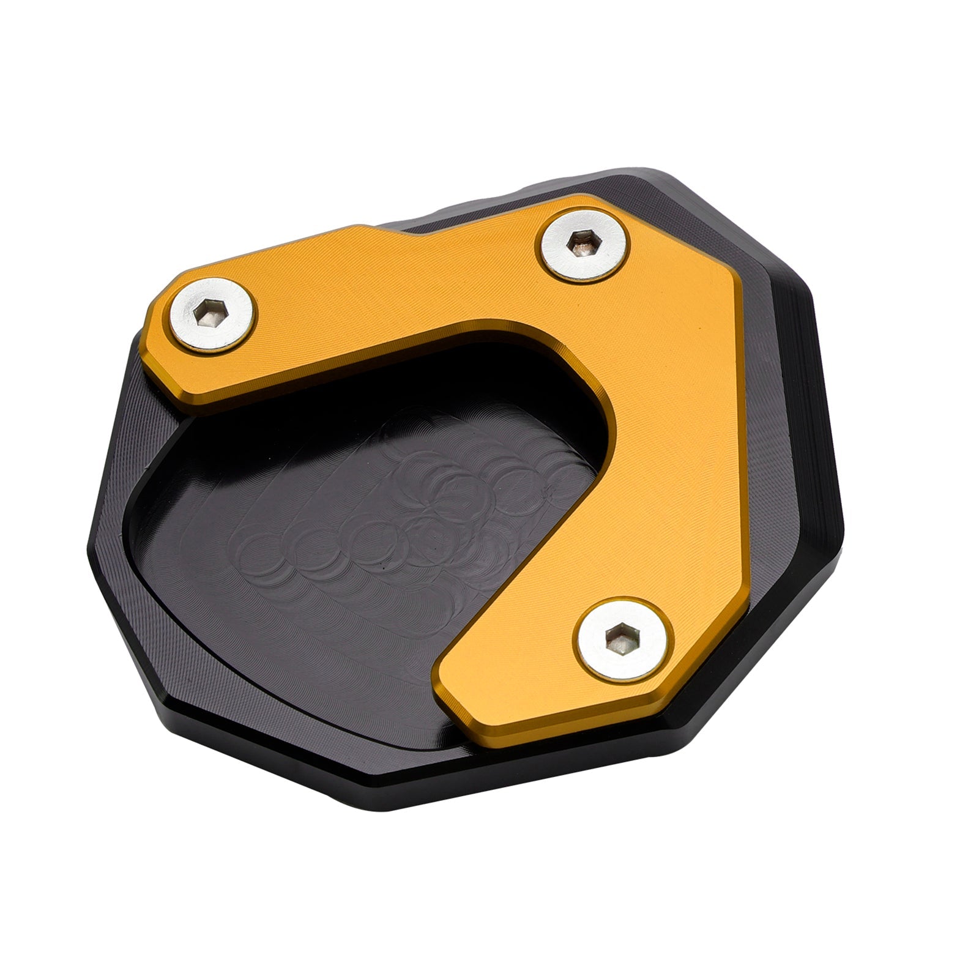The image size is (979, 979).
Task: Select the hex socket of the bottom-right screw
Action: point(619,641)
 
